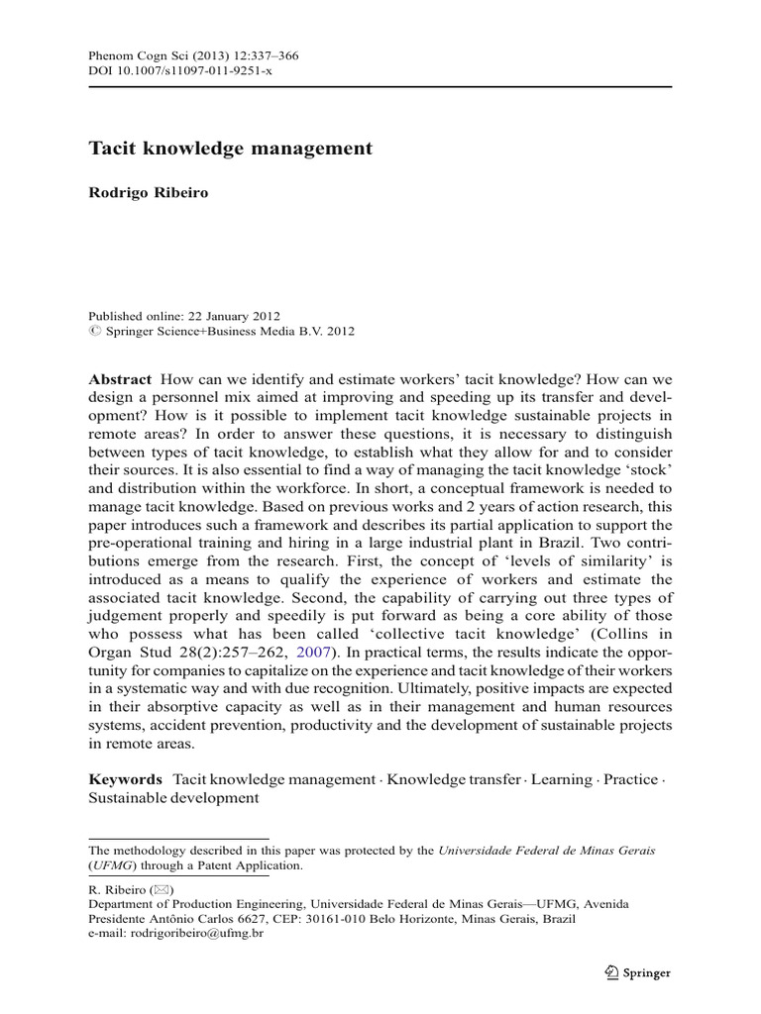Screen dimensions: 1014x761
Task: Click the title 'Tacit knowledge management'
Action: point(230,149)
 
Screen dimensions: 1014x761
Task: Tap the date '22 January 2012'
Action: point(232,315)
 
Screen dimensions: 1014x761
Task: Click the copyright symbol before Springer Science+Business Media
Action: point(94,332)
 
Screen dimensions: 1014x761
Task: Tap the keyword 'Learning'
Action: point(561,780)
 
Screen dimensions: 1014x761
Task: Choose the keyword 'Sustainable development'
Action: point(173,797)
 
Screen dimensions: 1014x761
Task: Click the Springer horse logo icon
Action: point(609,972)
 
